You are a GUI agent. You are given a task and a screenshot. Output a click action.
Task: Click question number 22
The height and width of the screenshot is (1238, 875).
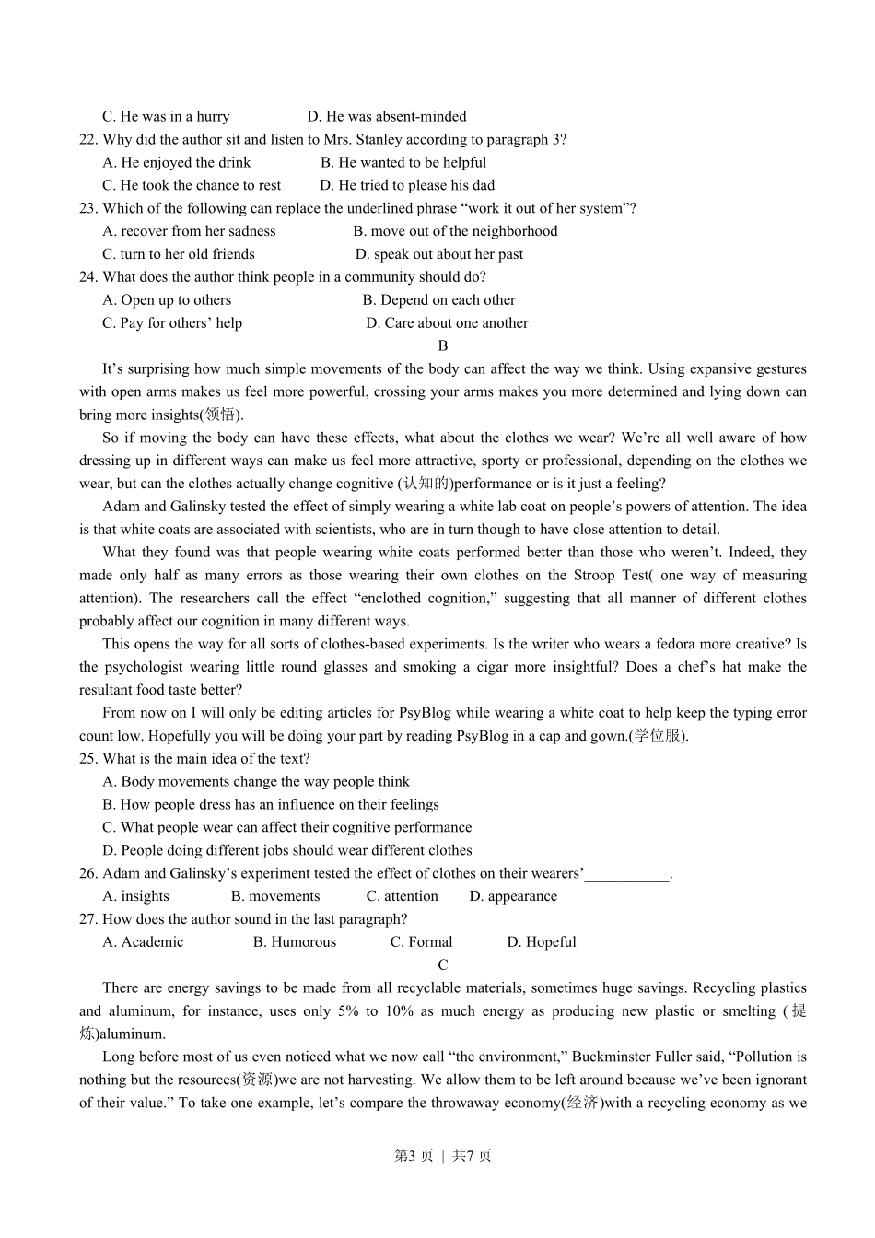coord(88,140)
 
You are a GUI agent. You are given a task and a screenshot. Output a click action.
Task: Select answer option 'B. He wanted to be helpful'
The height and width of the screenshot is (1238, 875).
coord(403,163)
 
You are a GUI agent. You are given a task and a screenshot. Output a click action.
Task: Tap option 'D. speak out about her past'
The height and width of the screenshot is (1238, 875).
coord(439,254)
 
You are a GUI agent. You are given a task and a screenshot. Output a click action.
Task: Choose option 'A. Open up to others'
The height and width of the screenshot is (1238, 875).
coord(167,300)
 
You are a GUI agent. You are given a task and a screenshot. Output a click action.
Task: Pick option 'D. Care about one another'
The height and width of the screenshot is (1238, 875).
coord(447,323)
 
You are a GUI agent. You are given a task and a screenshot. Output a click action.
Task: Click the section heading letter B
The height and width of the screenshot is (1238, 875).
coord(443,346)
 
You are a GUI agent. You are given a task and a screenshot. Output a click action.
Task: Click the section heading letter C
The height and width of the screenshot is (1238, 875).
coord(443,965)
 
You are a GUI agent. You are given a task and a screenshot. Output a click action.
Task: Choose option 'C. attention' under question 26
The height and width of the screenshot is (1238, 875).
coord(402,896)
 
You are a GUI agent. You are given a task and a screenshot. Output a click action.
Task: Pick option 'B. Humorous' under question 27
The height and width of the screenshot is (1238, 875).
coord(295,942)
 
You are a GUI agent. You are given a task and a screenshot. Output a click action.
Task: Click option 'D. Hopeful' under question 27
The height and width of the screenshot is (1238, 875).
coord(542,942)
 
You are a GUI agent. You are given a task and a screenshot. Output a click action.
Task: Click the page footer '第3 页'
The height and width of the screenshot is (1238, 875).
coord(414,1156)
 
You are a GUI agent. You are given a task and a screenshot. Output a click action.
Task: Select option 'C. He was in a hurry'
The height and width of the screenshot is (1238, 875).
coord(166,117)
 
